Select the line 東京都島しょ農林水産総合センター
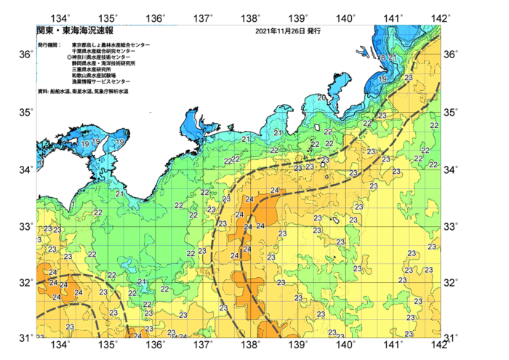111,45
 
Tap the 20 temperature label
321,97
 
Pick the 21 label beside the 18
393,57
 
